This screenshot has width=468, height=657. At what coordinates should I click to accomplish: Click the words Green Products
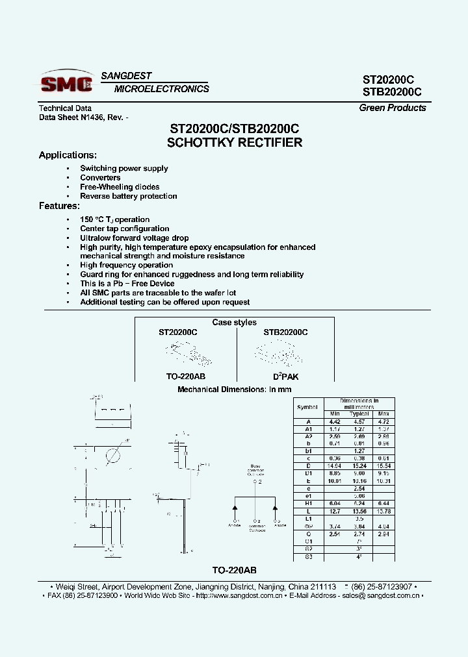(x=392, y=108)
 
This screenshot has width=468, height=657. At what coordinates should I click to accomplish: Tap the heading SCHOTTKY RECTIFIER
(x=235, y=142)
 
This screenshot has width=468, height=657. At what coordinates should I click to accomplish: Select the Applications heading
(x=68, y=155)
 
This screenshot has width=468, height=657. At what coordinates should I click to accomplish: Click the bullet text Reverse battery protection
(x=129, y=196)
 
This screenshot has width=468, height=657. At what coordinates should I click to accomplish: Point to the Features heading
(x=59, y=206)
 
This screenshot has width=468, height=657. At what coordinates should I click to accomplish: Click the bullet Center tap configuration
(x=125, y=229)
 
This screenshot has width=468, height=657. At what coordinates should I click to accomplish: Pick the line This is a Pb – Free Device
(x=127, y=284)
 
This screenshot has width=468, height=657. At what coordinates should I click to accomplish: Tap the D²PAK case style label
(x=285, y=377)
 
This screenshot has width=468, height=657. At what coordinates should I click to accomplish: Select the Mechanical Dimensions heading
(x=235, y=390)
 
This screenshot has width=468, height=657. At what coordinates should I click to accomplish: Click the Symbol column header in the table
(x=308, y=407)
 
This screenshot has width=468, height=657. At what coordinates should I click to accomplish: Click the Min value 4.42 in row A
(x=335, y=421)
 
